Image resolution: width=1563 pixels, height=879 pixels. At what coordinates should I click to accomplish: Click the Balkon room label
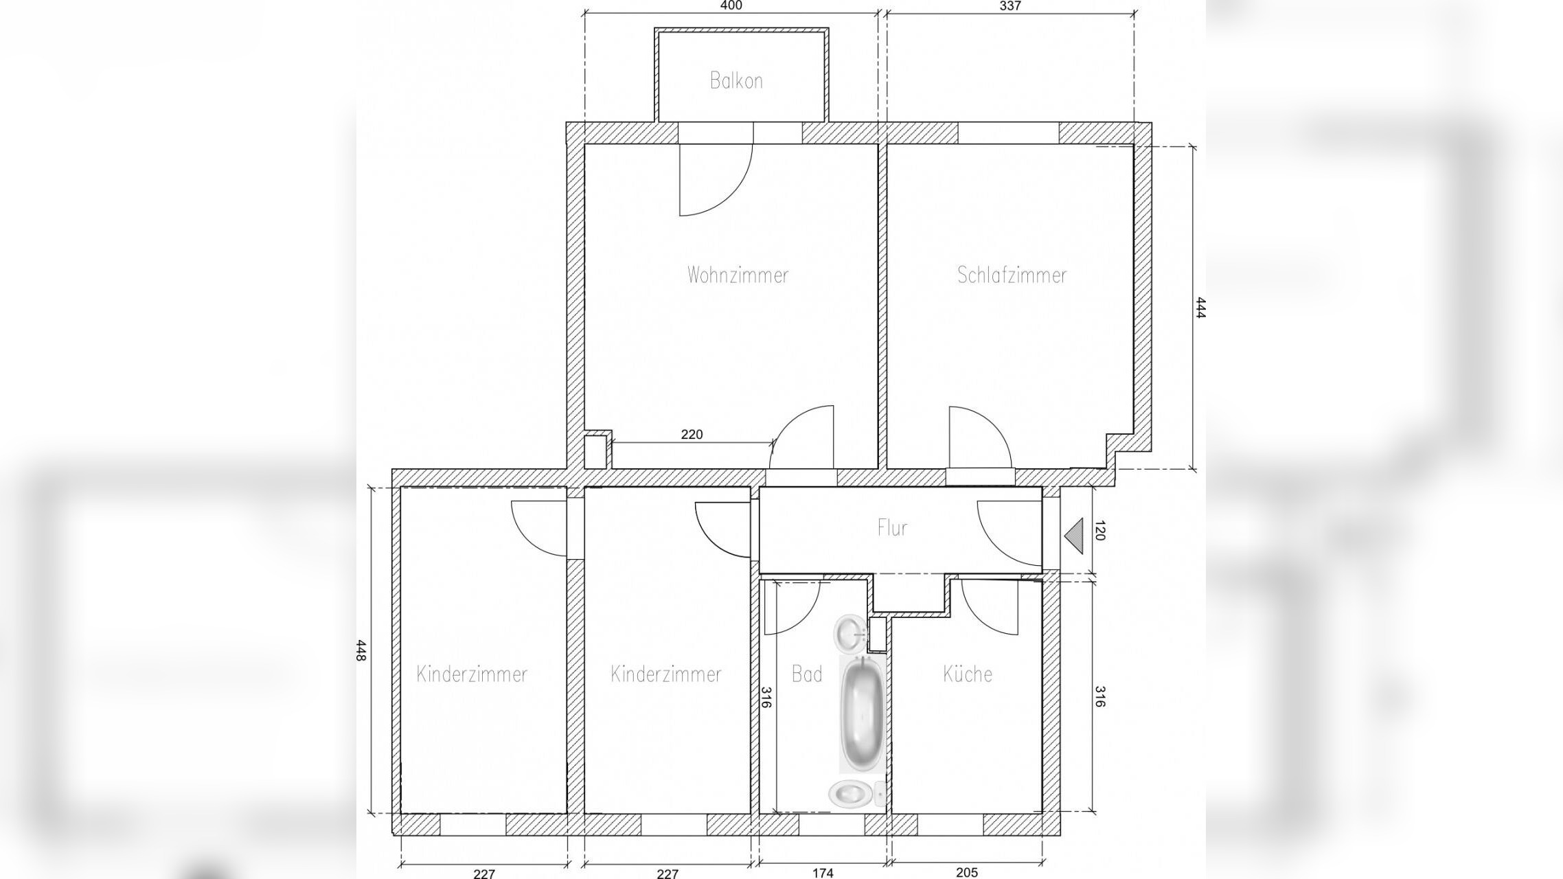[x=736, y=81]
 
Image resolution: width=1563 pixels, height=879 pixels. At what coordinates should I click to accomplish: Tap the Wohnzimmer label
[x=738, y=275]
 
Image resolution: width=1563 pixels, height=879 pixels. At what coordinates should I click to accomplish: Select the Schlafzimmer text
[x=1012, y=275]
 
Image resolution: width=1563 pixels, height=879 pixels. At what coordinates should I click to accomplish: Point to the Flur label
[x=892, y=527]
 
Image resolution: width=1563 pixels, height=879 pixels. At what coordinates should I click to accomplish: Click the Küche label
[x=968, y=674]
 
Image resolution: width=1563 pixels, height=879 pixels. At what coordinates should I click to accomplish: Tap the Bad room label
[x=807, y=674]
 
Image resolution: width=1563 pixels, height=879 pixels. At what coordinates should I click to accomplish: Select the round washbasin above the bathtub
[x=850, y=632]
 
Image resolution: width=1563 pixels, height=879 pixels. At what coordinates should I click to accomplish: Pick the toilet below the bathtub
[x=857, y=795]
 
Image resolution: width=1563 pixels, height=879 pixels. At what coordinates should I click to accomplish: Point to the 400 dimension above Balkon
[x=731, y=6]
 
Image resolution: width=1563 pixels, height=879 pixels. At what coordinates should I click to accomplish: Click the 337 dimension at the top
[x=1010, y=6]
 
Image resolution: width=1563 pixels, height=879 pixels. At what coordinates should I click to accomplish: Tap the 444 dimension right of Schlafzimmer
[x=1200, y=307]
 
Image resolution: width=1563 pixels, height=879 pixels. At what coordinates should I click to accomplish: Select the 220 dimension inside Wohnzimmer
[x=692, y=435]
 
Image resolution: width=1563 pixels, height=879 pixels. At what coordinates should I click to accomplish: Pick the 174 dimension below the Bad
[x=823, y=873]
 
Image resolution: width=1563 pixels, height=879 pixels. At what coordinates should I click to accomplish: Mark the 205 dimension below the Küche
[x=967, y=873]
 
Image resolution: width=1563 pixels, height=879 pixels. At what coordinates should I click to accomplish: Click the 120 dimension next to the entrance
[x=1099, y=531]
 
